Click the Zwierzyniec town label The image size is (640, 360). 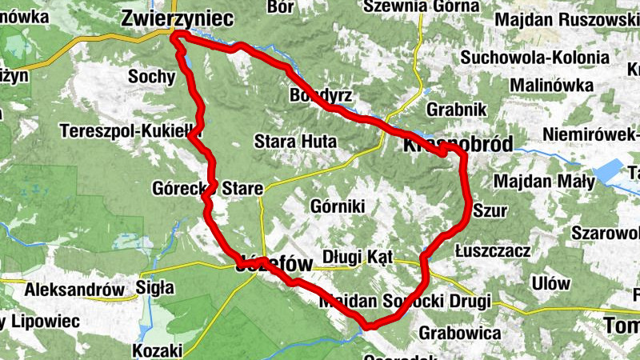click(177, 18)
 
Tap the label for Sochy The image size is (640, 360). click(151, 77)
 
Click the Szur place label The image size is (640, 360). click(490, 210)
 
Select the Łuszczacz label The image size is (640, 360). click(492, 251)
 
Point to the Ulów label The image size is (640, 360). click(550, 283)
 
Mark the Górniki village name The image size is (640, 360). click(336, 207)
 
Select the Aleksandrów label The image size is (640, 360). click(75, 290)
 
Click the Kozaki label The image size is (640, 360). click(158, 350)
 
